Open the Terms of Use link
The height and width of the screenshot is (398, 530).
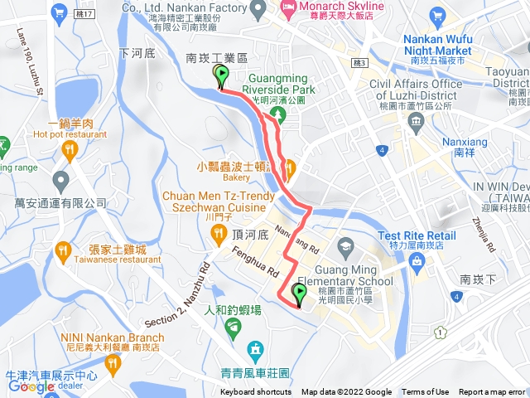point(426,392)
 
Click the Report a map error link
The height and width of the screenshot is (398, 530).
point(493,392)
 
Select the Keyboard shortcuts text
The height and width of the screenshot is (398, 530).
point(255,392)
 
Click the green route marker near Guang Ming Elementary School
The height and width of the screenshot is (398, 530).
point(299,293)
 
